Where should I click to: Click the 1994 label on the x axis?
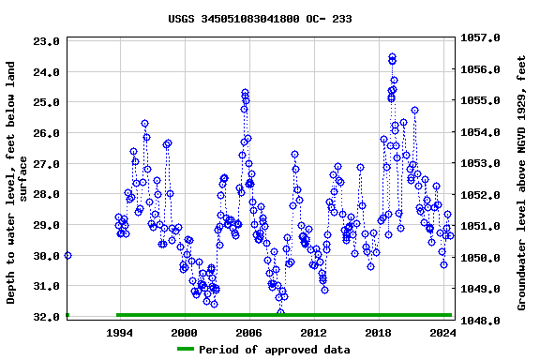click(119, 333)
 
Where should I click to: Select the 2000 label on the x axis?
click(184, 333)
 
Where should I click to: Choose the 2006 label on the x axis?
click(248, 333)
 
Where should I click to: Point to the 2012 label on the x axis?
click(313, 333)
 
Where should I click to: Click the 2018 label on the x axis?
click(378, 333)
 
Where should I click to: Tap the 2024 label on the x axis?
click(442, 333)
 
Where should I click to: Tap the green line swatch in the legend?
click(186, 349)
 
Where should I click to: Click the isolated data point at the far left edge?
click(67, 255)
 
